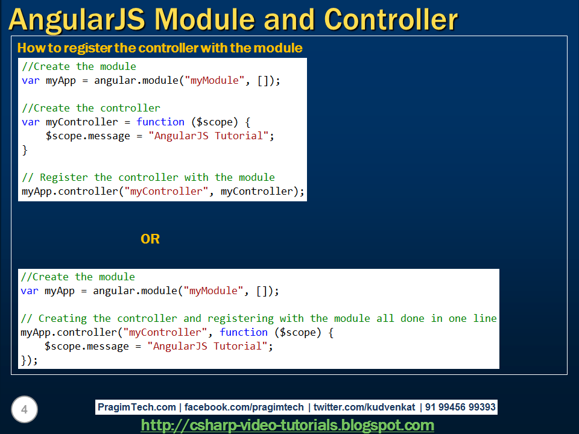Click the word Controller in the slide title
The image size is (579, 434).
tap(391, 19)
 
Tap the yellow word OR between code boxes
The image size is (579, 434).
tap(150, 239)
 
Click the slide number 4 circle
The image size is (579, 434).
tap(24, 410)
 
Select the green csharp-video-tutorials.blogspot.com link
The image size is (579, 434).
tap(288, 426)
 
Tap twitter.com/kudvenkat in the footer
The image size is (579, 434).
tap(364, 407)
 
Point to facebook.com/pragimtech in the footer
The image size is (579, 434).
tap(244, 407)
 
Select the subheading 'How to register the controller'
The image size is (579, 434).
tap(160, 48)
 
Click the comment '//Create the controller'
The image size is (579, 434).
tap(91, 108)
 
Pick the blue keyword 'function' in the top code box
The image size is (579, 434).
tap(160, 122)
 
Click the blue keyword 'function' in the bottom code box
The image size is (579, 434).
tap(244, 332)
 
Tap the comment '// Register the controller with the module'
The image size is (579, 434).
tap(148, 177)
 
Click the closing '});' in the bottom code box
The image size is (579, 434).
tap(29, 360)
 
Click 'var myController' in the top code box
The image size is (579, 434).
tap(70, 122)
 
